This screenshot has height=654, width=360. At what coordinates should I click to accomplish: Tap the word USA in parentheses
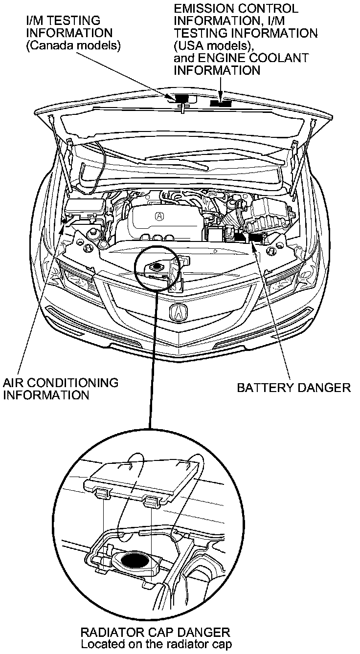(x=190, y=45)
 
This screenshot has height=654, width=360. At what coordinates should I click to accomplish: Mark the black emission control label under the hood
(x=221, y=103)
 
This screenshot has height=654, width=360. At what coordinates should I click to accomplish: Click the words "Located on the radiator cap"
(x=156, y=644)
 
